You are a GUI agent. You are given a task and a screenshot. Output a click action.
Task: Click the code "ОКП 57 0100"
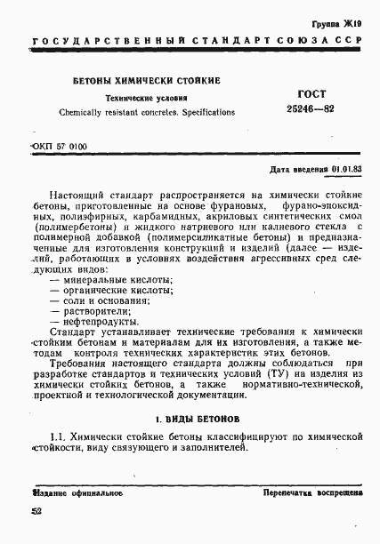pos(59,145)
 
